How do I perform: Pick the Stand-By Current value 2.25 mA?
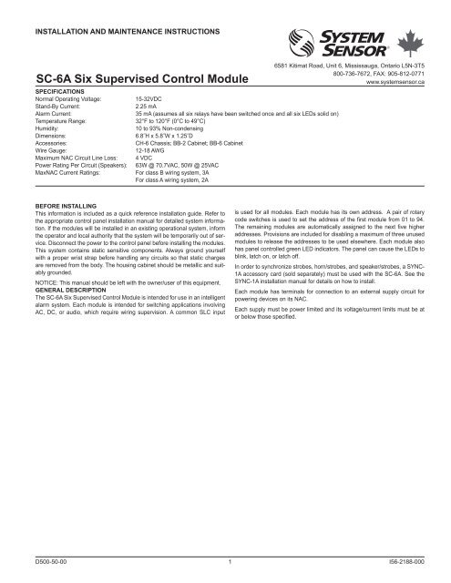click(149, 107)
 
